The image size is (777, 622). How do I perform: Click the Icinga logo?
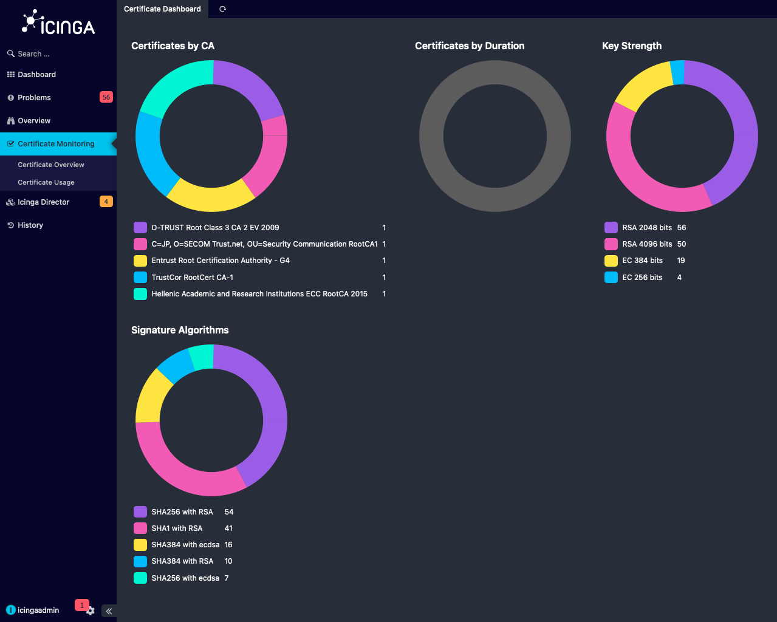[58, 23]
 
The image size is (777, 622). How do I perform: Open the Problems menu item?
[34, 98]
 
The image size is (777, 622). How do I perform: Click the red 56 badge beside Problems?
[106, 97]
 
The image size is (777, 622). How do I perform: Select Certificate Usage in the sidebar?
[46, 182]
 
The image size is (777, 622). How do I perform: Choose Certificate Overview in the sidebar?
[51, 165]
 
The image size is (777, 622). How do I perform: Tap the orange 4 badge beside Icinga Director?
[106, 202]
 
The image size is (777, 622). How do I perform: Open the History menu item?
[30, 225]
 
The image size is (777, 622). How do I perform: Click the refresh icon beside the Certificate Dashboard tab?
[222, 9]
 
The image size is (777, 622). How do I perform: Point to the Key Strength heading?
[631, 46]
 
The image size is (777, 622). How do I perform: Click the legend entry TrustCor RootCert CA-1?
[192, 278]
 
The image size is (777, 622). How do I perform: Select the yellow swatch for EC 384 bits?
[611, 261]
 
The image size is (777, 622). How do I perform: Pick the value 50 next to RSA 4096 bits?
[682, 244]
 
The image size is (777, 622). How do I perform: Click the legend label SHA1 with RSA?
[177, 528]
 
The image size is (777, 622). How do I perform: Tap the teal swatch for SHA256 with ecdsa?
[140, 578]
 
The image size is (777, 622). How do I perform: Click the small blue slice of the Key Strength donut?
[677, 73]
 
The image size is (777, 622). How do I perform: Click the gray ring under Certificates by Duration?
[431, 136]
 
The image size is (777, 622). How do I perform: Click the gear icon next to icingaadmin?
[91, 611]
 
